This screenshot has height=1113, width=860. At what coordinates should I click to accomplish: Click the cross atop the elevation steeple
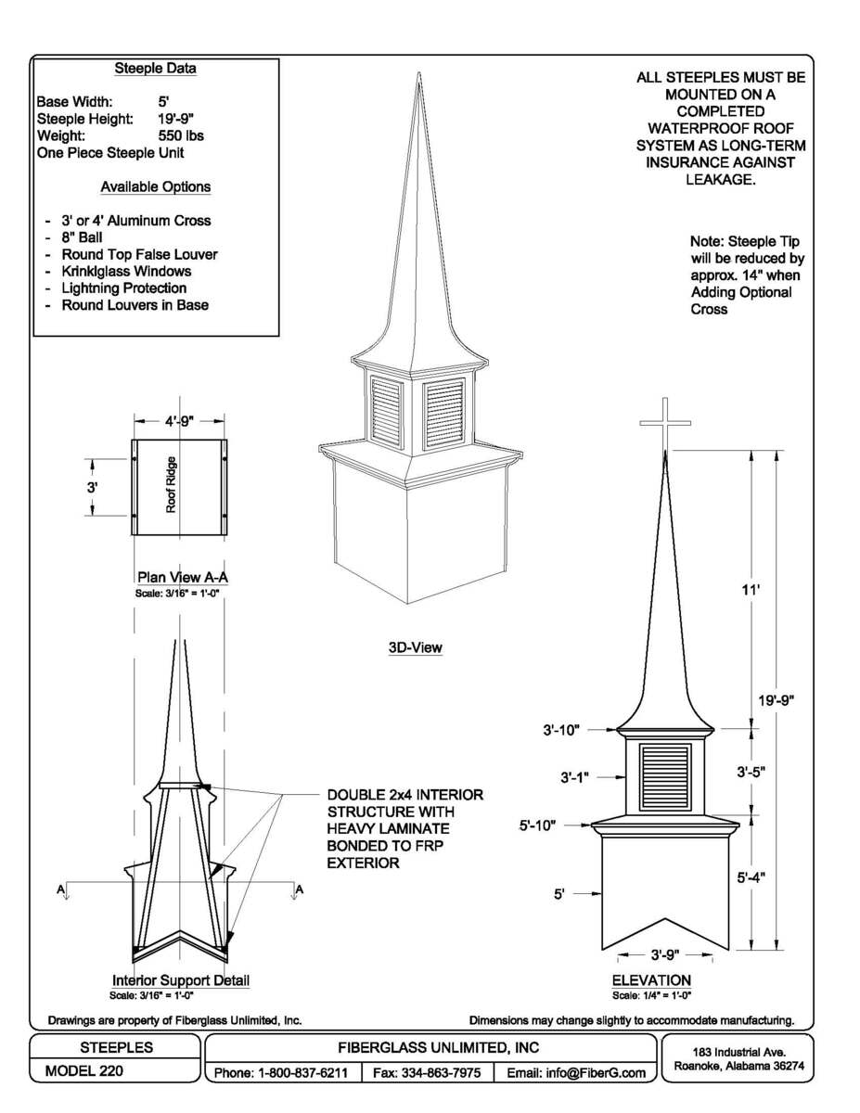coord(665,423)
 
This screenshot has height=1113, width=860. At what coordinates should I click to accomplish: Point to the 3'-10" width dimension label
coord(562,730)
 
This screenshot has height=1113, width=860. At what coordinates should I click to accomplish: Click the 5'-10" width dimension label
coord(538,825)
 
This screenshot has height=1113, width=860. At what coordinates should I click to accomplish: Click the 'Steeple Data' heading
coord(155,69)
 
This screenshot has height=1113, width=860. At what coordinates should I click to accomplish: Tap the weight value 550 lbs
coord(181,135)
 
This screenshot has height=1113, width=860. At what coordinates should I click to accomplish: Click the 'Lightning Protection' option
coord(123,288)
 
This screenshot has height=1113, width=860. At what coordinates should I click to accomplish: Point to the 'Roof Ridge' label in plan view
coord(171,485)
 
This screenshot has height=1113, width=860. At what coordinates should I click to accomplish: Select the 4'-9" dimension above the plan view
coord(179,421)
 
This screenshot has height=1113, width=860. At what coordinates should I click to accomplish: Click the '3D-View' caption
coord(415,648)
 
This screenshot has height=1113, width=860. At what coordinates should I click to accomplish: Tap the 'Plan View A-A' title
coord(182,577)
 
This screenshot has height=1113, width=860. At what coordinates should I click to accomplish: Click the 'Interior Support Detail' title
coord(181,980)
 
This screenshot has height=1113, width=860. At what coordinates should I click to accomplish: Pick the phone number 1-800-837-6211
coord(281,1073)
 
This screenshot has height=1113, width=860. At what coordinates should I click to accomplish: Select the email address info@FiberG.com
coord(575,1073)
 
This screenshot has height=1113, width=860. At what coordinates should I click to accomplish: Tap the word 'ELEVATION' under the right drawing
coord(651,980)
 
